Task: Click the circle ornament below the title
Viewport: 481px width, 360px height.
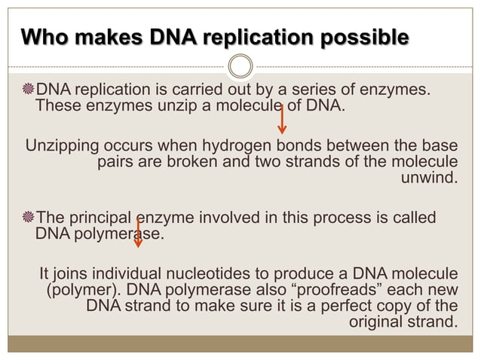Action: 240,67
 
